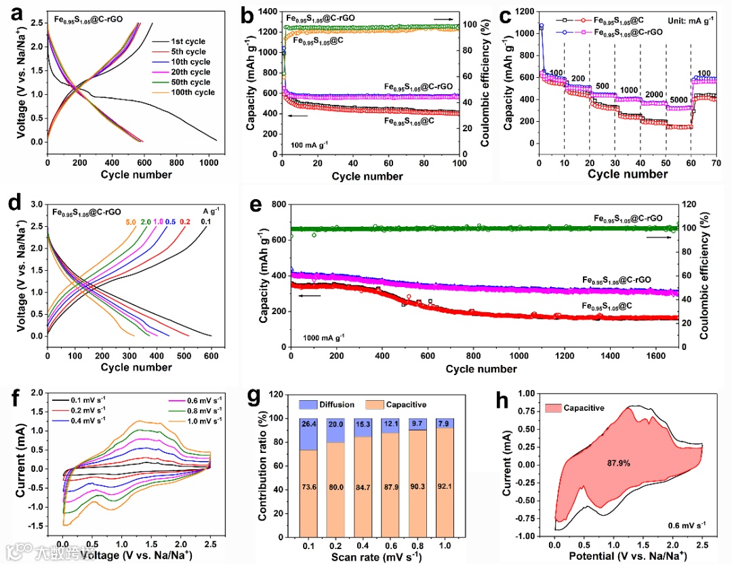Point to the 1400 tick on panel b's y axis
coord(268,12)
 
